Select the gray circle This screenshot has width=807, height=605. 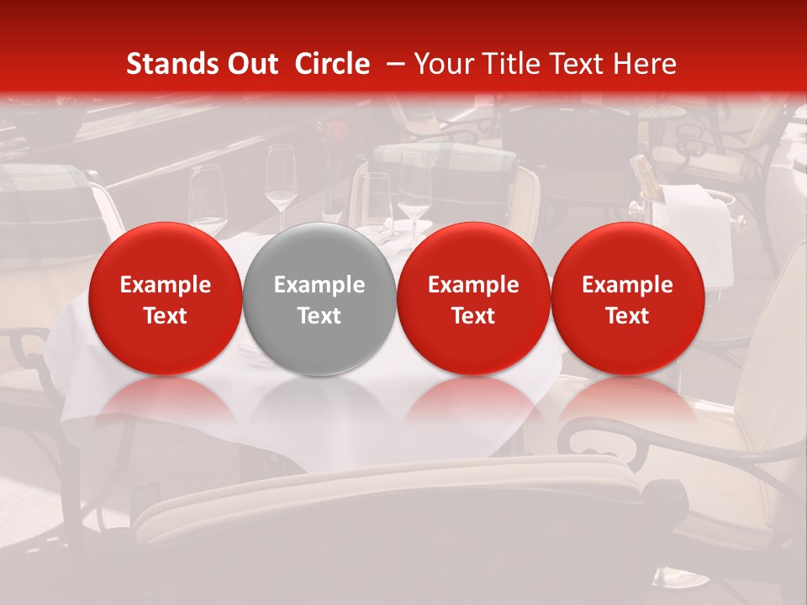tap(319, 298)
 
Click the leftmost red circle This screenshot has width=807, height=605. tap(165, 298)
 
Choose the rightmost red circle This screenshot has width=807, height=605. tap(627, 298)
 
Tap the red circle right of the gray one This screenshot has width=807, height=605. tap(473, 298)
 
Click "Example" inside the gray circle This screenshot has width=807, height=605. tap(319, 285)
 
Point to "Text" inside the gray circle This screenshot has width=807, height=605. tap(319, 316)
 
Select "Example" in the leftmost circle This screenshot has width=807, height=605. tap(165, 285)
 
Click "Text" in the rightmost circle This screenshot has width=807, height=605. tap(627, 316)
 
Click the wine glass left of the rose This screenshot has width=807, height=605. tap(280, 181)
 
